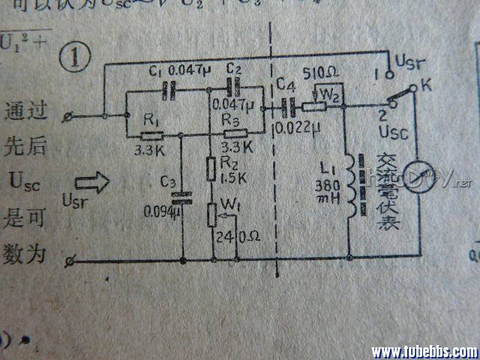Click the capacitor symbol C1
(169, 89)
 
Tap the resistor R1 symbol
(152, 136)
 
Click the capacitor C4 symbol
(286, 107)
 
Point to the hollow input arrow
(92, 181)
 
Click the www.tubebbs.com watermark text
(424, 351)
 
